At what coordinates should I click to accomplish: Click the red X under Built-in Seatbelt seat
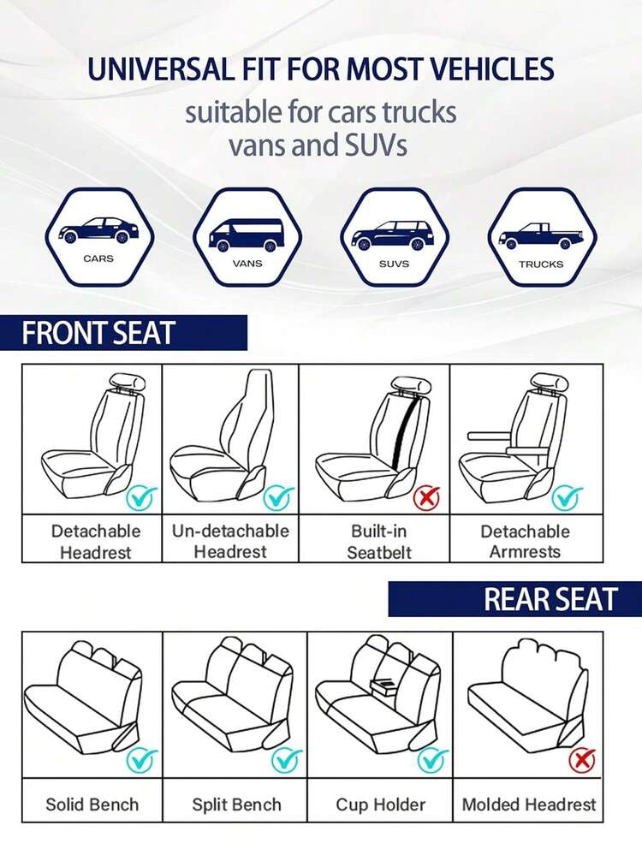tap(426, 498)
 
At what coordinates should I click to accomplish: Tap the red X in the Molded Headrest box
tap(581, 760)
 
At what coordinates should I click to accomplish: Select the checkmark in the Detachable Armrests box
tap(567, 496)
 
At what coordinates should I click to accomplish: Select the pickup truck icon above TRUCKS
tap(541, 236)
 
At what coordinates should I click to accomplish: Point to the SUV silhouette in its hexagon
tap(394, 235)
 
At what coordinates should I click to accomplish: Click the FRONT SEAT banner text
tap(98, 333)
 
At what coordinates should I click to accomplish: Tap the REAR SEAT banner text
tap(551, 599)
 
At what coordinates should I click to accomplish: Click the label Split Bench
tap(237, 805)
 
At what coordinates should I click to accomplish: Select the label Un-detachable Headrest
tap(230, 541)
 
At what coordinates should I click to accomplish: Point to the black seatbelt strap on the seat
tap(404, 432)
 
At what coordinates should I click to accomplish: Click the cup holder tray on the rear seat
tap(384, 686)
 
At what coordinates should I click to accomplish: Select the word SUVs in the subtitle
tap(376, 145)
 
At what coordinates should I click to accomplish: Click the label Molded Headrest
tap(528, 805)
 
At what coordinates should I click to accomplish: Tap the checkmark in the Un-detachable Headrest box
tap(279, 496)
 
